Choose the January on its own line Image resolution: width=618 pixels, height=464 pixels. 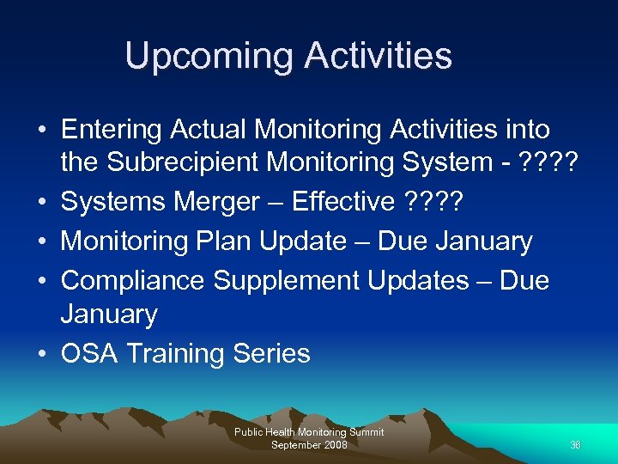pos(108,315)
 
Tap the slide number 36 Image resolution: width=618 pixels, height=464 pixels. pos(575,444)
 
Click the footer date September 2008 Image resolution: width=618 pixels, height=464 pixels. pos(309,444)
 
